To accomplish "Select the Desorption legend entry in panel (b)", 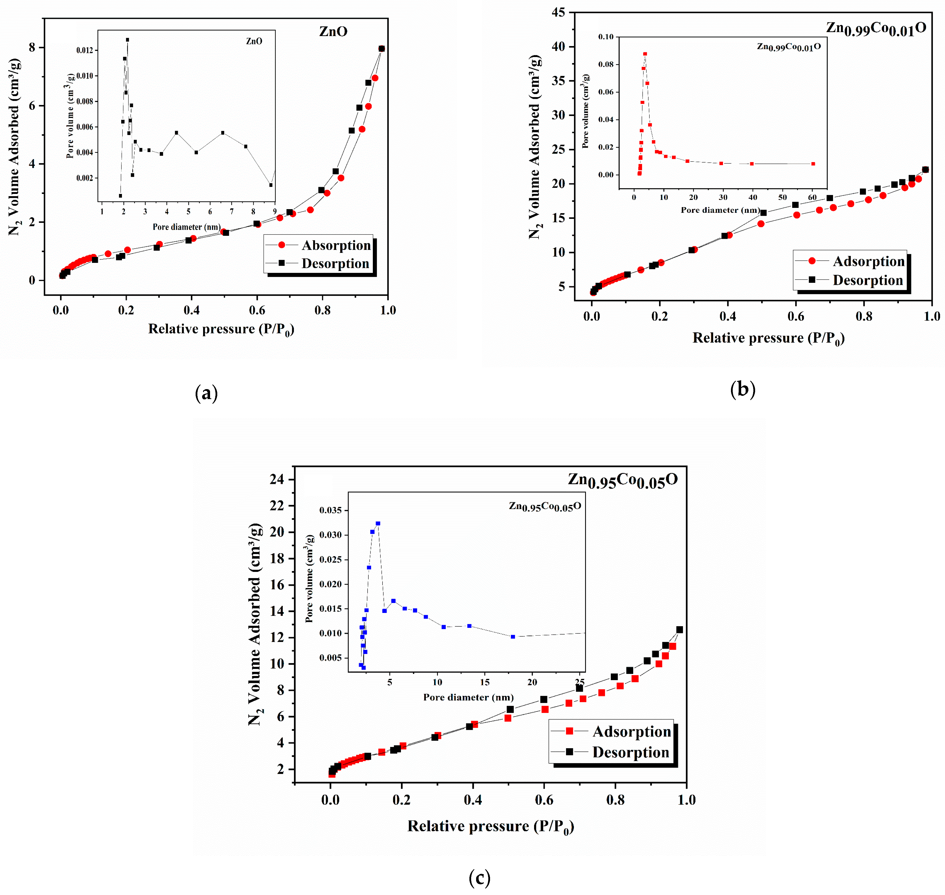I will coord(867,280).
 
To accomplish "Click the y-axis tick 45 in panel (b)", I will coord(558,12).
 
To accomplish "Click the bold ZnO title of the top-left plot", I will coord(333,31).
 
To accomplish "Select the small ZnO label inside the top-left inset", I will coord(254,42).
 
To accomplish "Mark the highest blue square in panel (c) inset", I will coord(378,523).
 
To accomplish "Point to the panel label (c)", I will coord(479,877).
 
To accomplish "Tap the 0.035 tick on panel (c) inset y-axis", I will coord(330,510).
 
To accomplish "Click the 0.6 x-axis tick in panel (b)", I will coord(796,316).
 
